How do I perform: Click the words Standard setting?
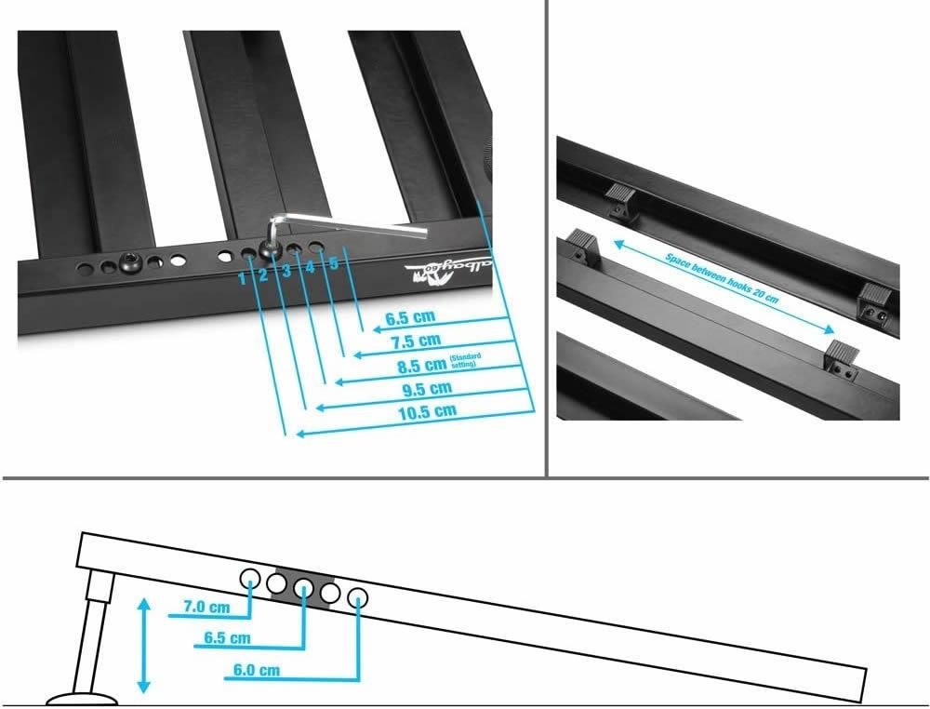pyautogui.click(x=463, y=362)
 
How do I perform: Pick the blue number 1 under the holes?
pyautogui.click(x=242, y=277)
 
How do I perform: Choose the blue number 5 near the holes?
pyautogui.click(x=333, y=263)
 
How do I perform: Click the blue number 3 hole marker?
pyautogui.click(x=286, y=271)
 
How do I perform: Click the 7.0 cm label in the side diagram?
pyautogui.click(x=206, y=608)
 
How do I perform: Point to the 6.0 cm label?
pyautogui.click(x=255, y=670)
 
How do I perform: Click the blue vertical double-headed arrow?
pyautogui.click(x=142, y=645)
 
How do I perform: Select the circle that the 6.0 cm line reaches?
pyautogui.click(x=358, y=596)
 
